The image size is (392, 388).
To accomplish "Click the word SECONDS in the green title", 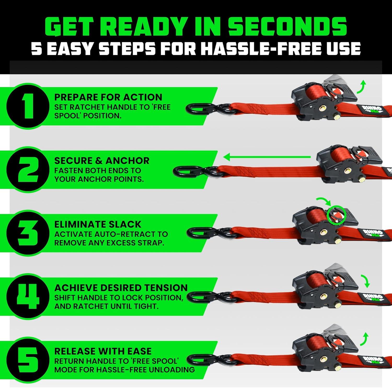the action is click(x=287, y=27).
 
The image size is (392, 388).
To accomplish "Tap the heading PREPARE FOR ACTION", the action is click(x=108, y=97).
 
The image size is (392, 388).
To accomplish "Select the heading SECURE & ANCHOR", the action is click(x=102, y=161).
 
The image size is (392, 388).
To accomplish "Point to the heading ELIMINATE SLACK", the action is click(x=98, y=224).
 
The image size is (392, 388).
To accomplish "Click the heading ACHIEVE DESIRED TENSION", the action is click(x=121, y=288).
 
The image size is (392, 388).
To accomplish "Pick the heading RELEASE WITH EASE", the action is click(x=103, y=351).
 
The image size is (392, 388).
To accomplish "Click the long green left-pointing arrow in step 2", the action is click(x=267, y=157).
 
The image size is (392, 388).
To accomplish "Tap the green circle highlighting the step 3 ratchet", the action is click(x=336, y=215).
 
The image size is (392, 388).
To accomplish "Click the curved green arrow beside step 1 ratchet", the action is click(x=362, y=86).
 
